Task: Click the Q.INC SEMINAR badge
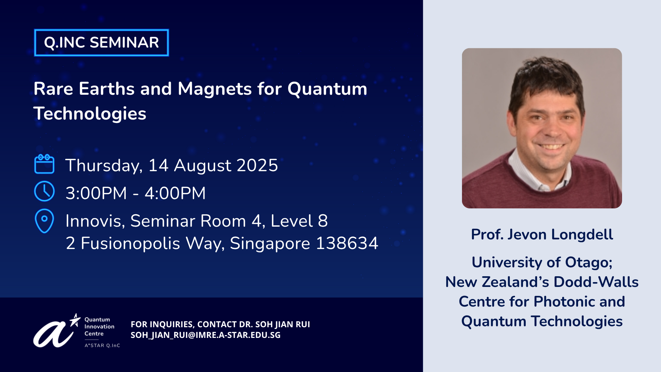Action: coord(102,43)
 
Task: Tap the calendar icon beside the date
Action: coord(44,164)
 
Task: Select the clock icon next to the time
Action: coord(44,191)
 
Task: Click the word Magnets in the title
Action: coord(215,89)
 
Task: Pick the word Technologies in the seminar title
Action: coord(90,114)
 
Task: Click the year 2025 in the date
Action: coord(257,165)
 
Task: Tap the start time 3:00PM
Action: coord(96,193)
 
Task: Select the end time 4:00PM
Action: coord(175,193)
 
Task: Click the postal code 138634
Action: coord(347,243)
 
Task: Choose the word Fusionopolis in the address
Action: coord(130,244)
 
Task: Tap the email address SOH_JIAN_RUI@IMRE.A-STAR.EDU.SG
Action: coord(206,335)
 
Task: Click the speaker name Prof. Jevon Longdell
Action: coord(542,235)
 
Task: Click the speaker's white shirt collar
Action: coord(534,172)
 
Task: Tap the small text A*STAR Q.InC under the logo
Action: coord(102,345)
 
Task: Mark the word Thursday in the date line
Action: coord(104,166)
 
